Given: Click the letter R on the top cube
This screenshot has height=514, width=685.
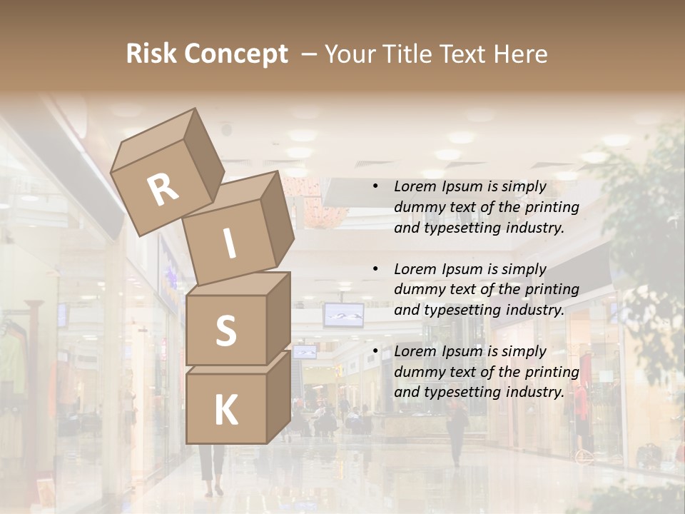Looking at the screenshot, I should [163, 189].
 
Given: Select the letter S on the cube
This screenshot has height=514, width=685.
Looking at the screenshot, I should [225, 331].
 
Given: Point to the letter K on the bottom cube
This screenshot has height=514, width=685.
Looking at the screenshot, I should [225, 410].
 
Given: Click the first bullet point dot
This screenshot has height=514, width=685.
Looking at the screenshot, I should [375, 187].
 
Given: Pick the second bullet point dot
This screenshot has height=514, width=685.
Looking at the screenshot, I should [375, 269].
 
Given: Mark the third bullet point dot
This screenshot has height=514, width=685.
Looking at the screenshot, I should [375, 351].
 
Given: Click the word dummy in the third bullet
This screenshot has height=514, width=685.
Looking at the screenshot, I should [416, 371].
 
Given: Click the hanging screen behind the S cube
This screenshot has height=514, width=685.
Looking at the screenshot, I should [343, 314].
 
